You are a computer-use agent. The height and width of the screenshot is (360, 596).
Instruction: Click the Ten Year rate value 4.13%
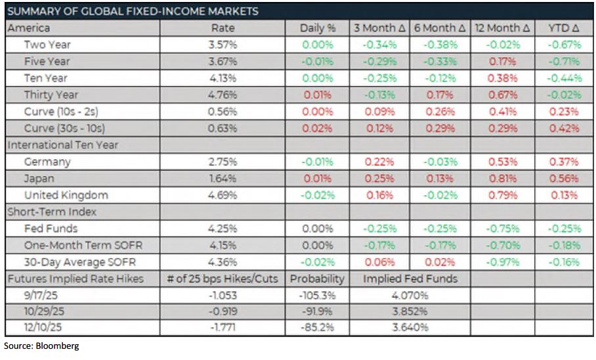click(223, 78)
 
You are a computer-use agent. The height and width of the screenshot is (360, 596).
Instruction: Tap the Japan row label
click(39, 179)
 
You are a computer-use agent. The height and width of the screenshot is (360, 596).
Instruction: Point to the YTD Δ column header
click(564, 28)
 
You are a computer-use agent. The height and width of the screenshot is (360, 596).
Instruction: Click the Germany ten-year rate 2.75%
click(223, 162)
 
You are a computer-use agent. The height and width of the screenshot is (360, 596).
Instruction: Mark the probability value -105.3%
click(317, 295)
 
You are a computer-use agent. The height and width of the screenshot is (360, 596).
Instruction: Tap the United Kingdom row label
click(66, 195)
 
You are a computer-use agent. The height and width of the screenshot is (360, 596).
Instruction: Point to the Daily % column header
click(317, 28)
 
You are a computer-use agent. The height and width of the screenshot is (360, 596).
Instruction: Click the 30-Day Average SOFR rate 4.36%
click(223, 262)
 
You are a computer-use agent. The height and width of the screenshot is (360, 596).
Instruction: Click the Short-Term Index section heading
click(51, 212)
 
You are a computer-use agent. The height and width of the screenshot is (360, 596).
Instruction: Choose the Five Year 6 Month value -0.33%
click(440, 62)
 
